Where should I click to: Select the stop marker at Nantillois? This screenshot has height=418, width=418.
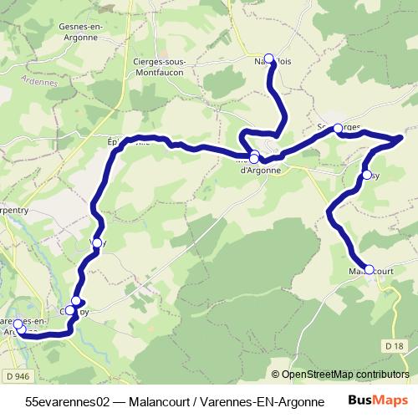click(269, 59)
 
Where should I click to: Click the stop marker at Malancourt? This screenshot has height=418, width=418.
click(370, 270)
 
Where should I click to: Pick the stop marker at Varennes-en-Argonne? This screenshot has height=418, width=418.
click(18, 325)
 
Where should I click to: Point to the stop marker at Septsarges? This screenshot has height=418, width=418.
click(338, 129)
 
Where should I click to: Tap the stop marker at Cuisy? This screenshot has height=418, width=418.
click(367, 175)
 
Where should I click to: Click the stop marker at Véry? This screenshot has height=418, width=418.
click(97, 242)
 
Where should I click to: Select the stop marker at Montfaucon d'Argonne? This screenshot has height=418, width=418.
click(254, 156)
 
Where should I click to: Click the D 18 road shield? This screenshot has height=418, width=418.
click(395, 345)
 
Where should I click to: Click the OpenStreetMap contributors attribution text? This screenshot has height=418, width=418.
click(339, 375)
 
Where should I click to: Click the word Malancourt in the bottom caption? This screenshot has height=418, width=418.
click(163, 401)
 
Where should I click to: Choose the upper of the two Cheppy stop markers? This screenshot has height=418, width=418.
click(77, 301)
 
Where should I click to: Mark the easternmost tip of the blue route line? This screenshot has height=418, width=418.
click(403, 136)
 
